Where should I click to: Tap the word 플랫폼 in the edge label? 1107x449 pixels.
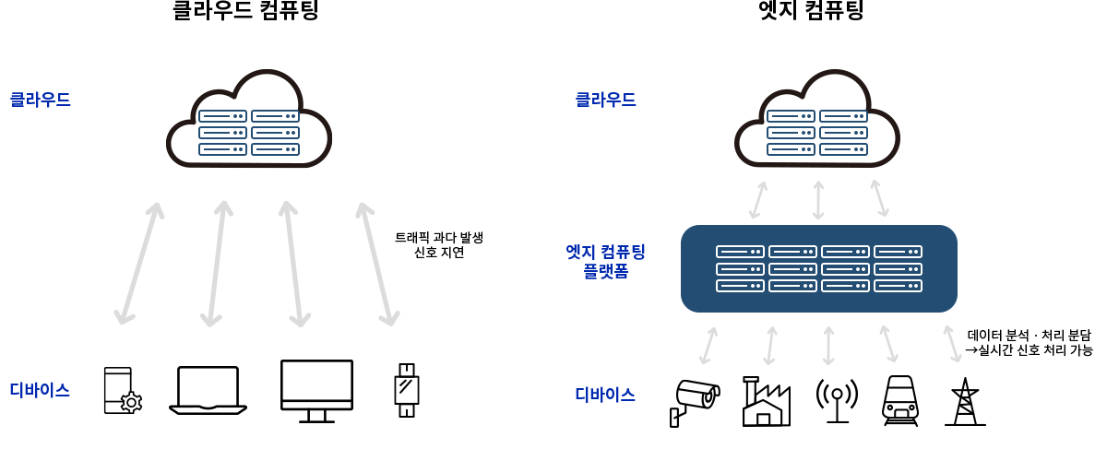pyautogui.click(x=605, y=271)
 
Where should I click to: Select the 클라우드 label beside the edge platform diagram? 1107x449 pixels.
pyautogui.click(x=605, y=100)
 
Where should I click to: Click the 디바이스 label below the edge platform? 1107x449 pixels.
pyautogui.click(x=605, y=395)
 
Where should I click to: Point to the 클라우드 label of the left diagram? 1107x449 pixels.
pyautogui.click(x=41, y=100)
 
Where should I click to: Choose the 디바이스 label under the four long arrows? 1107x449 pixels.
pyautogui.click(x=40, y=390)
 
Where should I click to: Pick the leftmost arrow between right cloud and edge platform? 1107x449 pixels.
pyautogui.click(x=758, y=200)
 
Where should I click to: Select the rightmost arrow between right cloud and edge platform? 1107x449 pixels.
pyautogui.click(x=879, y=198)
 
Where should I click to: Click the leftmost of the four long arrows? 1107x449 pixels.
pyautogui.click(x=139, y=264)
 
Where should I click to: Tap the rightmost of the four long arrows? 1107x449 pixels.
pyautogui.click(x=377, y=264)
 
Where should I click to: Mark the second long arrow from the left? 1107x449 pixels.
pyautogui.click(x=217, y=264)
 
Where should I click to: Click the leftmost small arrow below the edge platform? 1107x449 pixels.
pyautogui.click(x=708, y=346)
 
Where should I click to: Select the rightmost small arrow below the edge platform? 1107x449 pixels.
pyautogui.click(x=952, y=344)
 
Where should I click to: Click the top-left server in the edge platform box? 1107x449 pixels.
pyautogui.click(x=740, y=252)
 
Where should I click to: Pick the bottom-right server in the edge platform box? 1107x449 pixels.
pyautogui.click(x=898, y=286)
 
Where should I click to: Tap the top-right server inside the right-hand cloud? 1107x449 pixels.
pyautogui.click(x=843, y=116)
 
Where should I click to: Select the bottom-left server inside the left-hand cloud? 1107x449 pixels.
pyautogui.click(x=222, y=149)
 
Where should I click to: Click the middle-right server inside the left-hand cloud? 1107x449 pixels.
pyautogui.click(x=275, y=133)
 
